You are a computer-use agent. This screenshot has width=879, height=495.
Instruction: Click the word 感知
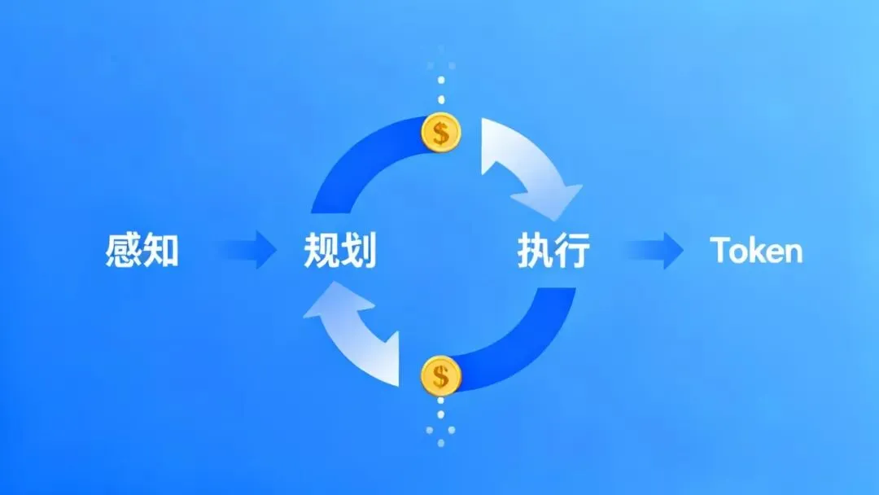pyautogui.click(x=142, y=250)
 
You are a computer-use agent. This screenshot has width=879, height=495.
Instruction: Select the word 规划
pyautogui.click(x=339, y=250)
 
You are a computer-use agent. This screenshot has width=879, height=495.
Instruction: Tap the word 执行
pyautogui.click(x=553, y=250)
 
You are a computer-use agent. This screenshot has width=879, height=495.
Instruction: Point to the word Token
pyautogui.click(x=756, y=250)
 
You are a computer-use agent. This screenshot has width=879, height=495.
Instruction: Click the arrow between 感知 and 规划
pyautogui.click(x=246, y=249)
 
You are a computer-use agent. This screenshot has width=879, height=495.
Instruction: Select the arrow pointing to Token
pyautogui.click(x=654, y=250)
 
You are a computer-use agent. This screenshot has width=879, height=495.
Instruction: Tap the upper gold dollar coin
pyautogui.click(x=441, y=133)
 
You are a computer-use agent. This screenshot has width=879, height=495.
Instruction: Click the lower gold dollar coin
pyautogui.click(x=440, y=375)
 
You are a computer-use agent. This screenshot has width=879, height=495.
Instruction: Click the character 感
pyautogui.click(x=124, y=250)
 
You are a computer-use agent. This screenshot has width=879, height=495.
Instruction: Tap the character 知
pyautogui.click(x=160, y=250)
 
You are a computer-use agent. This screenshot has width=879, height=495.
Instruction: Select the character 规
pyautogui.click(x=321, y=250)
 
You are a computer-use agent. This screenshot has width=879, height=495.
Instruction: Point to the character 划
pyautogui.click(x=359, y=250)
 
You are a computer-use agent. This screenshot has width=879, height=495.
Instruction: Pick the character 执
pyautogui.click(x=535, y=250)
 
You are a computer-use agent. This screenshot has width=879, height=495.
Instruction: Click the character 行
pyautogui.click(x=572, y=250)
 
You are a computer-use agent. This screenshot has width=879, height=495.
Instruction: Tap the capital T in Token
pyautogui.click(x=719, y=250)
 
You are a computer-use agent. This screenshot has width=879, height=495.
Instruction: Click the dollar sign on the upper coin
pyautogui.click(x=441, y=133)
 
